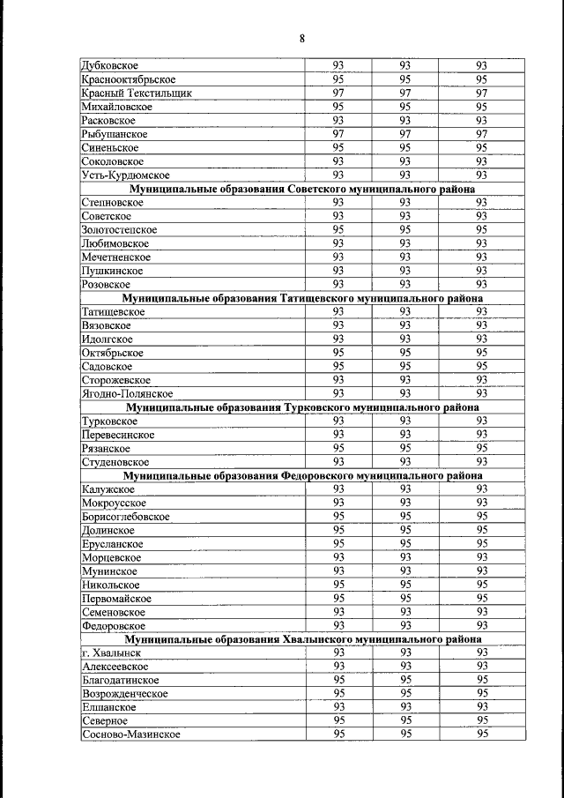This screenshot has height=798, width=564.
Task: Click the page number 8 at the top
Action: (301, 38)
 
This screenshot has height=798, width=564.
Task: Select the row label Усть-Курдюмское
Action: (124, 175)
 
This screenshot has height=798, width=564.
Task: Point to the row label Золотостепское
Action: (119, 230)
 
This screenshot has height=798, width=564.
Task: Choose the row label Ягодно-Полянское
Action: (126, 393)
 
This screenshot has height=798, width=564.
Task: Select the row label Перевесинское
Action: (117, 435)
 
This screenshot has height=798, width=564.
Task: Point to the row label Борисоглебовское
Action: (124, 517)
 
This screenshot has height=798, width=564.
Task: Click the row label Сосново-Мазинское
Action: (130, 735)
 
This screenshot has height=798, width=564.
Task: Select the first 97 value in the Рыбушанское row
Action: (338, 134)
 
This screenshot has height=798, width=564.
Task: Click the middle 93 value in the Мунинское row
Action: (405, 571)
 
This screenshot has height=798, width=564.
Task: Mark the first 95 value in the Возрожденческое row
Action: (338, 693)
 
